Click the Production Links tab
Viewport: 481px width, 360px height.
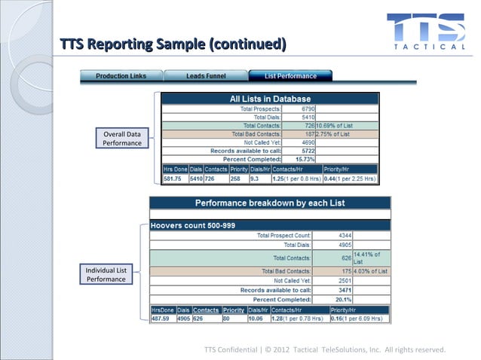[x=121, y=76]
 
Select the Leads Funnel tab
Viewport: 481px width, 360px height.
[x=206, y=76]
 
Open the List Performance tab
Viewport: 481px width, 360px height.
[x=290, y=76]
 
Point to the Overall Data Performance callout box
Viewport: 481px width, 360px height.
[x=123, y=138]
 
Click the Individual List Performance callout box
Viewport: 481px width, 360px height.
[x=106, y=274]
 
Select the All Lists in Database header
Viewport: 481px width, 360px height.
[x=270, y=99]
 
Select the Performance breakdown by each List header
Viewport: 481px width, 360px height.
[x=270, y=203]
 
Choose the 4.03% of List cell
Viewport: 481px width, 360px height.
[x=372, y=271]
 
